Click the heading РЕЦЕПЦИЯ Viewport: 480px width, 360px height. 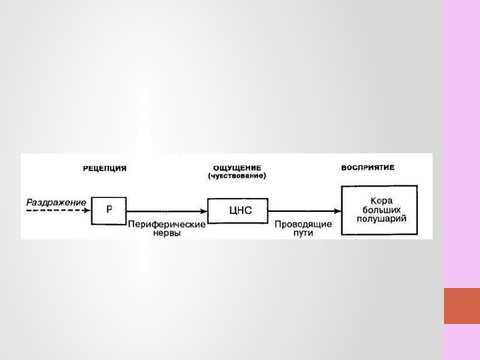pyautogui.click(x=105, y=169)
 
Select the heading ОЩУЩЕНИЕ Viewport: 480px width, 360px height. pyautogui.click(x=237, y=168)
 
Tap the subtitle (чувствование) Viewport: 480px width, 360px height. pyautogui.click(x=237, y=177)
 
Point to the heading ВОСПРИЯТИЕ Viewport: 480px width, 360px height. pyautogui.click(x=368, y=167)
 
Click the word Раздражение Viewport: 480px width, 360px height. pyautogui.click(x=56, y=201)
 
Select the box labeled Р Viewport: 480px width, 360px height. pyautogui.click(x=109, y=209)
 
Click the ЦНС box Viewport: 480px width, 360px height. pyautogui.click(x=238, y=210)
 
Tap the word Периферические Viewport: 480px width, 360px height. pyautogui.click(x=166, y=225)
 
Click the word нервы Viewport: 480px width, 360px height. pyautogui.click(x=166, y=234)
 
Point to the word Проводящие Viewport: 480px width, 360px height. pyautogui.click(x=303, y=225)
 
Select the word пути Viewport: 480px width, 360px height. pyautogui.click(x=303, y=234)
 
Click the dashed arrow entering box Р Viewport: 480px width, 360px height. pyautogui.click(x=56, y=210)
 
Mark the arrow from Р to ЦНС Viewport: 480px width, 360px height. pyautogui.click(x=167, y=211)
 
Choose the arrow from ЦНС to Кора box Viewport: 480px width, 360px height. pyautogui.click(x=304, y=211)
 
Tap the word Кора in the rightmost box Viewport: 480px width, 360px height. pyautogui.click(x=380, y=199)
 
